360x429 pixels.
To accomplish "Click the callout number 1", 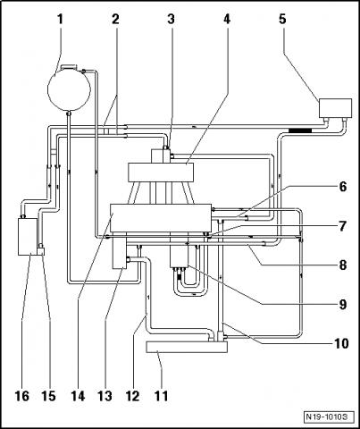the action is (61, 20).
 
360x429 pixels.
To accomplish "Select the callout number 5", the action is (282, 20).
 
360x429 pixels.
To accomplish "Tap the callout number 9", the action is (343, 305).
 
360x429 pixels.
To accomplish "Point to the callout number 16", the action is (22, 396).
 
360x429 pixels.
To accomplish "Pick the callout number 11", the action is (161, 396).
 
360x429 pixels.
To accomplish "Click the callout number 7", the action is (343, 226).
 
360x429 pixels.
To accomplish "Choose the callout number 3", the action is (171, 20).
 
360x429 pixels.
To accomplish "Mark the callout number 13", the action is (105, 396).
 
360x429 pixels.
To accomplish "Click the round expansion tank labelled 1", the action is (69, 89).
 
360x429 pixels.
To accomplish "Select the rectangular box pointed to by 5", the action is (335, 108).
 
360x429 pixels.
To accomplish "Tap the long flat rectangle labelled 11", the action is (187, 347).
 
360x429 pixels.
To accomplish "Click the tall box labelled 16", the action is (28, 237).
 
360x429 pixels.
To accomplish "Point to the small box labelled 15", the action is (42, 250).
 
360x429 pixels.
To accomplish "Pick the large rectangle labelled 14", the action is (161, 218).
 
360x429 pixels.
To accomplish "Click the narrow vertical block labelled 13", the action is (119, 250).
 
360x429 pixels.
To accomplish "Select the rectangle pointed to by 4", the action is (161, 172).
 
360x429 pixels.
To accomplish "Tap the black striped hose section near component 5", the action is (300, 130).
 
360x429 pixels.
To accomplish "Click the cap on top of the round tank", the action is (69, 67).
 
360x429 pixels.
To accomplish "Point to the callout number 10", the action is (341, 343).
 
